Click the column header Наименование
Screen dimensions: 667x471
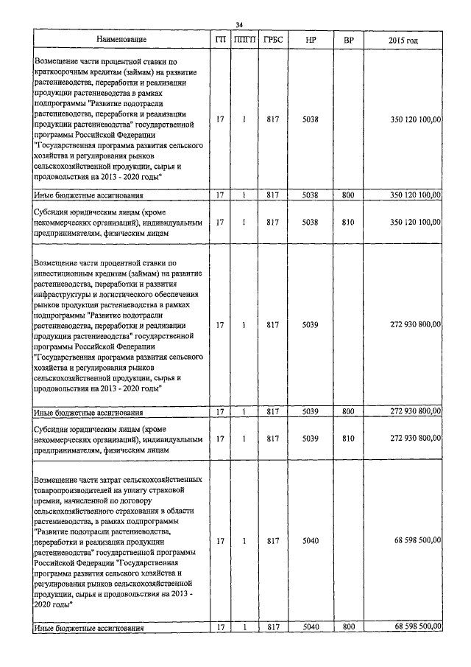pyautogui.click(x=121, y=39)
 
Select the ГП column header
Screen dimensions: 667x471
pyautogui.click(x=220, y=39)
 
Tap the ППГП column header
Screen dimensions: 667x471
pyautogui.click(x=243, y=39)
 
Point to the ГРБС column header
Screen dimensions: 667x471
pyautogui.click(x=272, y=39)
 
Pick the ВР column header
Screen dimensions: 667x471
pyautogui.click(x=348, y=39)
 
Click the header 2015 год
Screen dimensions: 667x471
pyautogui.click(x=403, y=39)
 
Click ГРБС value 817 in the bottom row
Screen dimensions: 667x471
pyautogui.click(x=272, y=626)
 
